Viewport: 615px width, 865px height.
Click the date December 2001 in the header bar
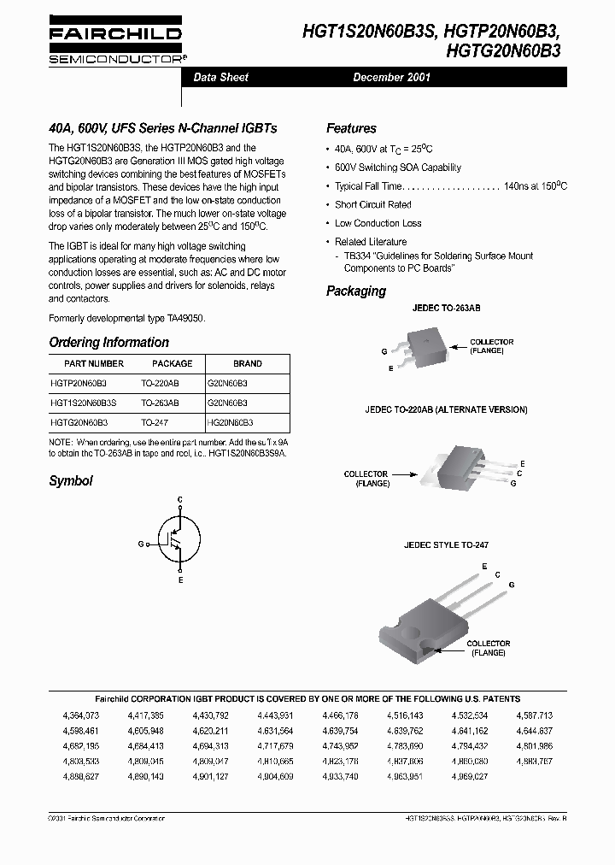point(391,78)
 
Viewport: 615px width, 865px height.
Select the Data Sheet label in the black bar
point(221,78)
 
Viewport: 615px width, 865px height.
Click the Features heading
point(351,128)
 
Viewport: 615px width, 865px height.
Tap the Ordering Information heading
point(108,342)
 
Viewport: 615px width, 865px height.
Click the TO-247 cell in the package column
point(155,422)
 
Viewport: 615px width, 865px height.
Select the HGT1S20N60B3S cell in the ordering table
point(84,402)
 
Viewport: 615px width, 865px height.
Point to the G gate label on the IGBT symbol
point(140,543)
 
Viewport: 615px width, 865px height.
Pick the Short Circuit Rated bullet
point(372,205)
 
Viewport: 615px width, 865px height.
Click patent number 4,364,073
point(81,715)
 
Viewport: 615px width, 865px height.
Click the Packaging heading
point(356,291)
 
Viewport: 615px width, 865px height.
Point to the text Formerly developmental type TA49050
point(126,318)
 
